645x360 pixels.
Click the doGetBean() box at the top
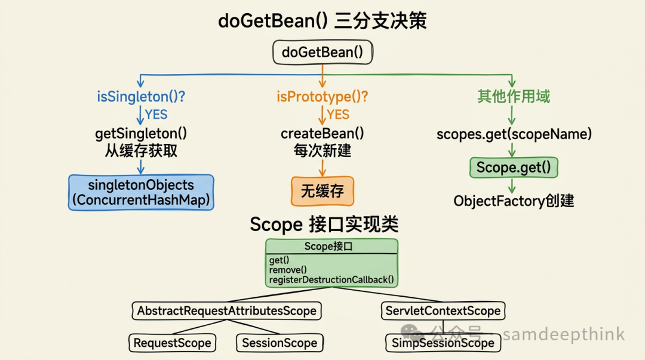click(322, 52)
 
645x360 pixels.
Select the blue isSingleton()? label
click(141, 96)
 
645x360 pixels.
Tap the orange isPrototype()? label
click(322, 96)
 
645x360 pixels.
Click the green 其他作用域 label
click(513, 96)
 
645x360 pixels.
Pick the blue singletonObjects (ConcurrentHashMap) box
click(141, 192)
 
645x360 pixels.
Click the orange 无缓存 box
click(322, 191)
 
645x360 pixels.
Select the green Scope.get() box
click(514, 168)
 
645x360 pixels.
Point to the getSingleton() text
click(141, 134)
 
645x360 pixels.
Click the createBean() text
click(322, 134)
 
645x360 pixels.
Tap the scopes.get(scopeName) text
click(514, 134)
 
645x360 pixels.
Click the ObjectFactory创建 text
click(514, 201)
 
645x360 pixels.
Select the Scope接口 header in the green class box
click(331, 246)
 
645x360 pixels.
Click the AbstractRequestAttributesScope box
click(226, 311)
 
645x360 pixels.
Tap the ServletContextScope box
click(443, 311)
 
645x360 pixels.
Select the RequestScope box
click(172, 343)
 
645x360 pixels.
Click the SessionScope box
click(279, 343)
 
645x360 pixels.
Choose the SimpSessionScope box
click(443, 343)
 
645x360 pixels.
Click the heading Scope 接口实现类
click(324, 224)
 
